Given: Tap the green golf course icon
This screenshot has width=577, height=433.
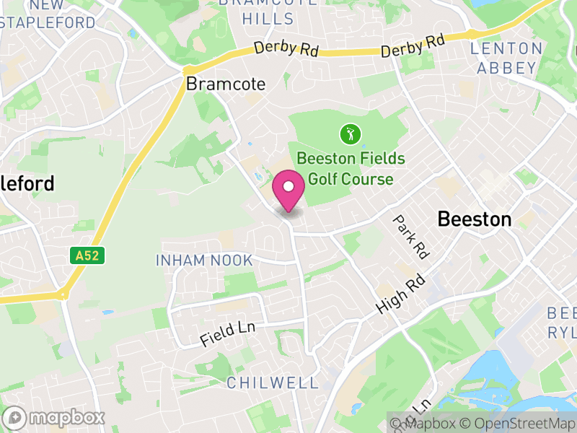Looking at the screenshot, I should point(349,134).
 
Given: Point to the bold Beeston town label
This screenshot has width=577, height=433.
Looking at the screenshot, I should point(475,219).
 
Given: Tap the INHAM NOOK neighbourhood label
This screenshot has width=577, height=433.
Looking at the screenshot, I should point(204,261).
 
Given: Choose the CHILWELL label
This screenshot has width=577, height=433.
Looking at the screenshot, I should point(272,383).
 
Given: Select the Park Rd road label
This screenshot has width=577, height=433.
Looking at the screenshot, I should point(411,237).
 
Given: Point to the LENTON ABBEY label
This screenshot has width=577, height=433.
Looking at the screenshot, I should point(506,58).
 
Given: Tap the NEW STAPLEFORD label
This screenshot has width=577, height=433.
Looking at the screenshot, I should point(48,14).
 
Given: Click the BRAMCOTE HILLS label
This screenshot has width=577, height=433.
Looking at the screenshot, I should point(268,11).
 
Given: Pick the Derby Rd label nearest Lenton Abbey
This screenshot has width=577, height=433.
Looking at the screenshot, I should point(413,46).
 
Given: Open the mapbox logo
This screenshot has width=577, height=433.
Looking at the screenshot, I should point(55,418).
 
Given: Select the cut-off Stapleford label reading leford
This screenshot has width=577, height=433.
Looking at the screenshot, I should point(27,184).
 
